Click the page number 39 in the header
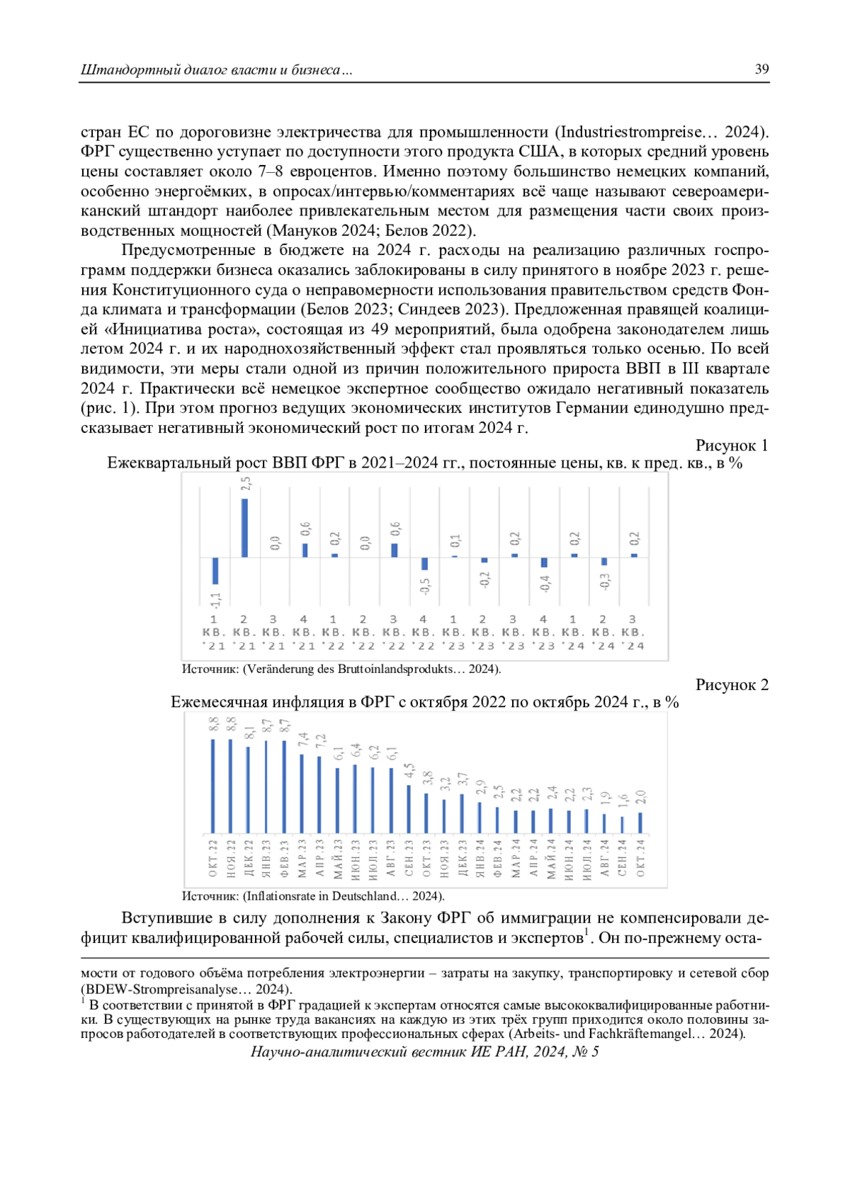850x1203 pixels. click(761, 69)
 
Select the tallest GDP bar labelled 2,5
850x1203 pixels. click(244, 528)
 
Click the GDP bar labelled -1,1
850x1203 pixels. click(215, 571)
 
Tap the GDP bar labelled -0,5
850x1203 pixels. click(424, 564)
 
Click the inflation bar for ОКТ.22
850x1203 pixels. click(212, 786)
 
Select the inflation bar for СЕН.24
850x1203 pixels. click(622, 825)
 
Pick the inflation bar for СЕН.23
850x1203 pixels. click(409, 809)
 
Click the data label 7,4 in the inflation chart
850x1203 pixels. click(303, 740)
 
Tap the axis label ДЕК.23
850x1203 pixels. click(463, 858)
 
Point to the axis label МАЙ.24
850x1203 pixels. click(551, 859)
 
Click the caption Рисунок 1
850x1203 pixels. click(731, 446)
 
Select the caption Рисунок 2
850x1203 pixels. click(731, 685)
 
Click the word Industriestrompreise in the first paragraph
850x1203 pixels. click(630, 132)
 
